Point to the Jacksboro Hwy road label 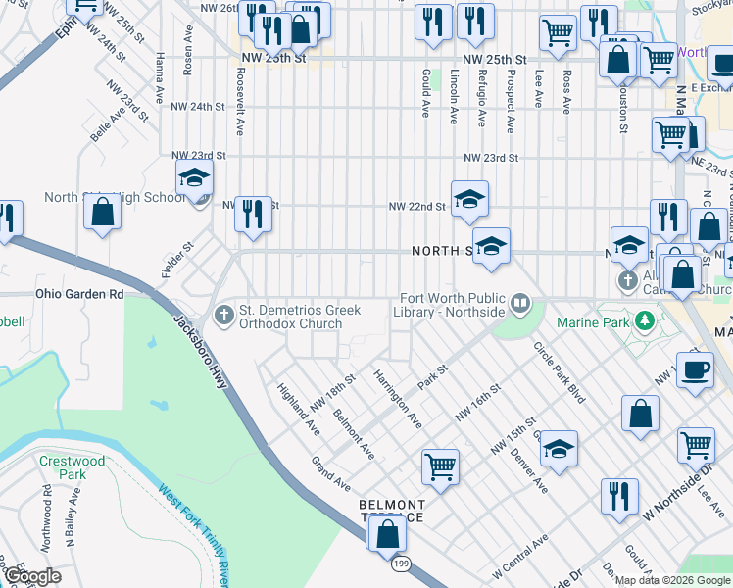tap(202, 352)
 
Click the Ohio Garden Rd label tap(80, 293)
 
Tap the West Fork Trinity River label tap(194, 534)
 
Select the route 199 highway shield tap(401, 564)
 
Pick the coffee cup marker tap(695, 369)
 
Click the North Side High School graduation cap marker tap(194, 178)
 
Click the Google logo tap(33, 576)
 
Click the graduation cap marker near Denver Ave tap(558, 448)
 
